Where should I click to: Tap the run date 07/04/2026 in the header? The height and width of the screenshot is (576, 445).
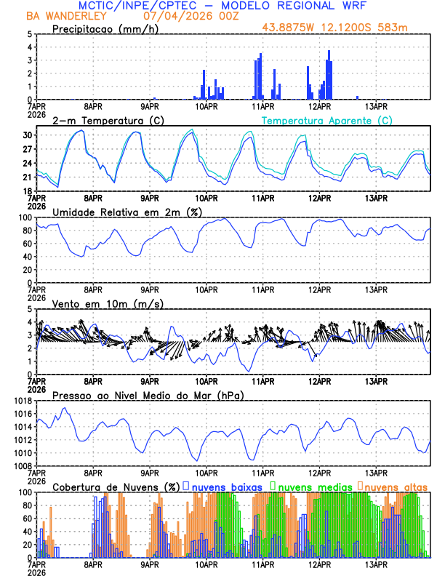click(172, 15)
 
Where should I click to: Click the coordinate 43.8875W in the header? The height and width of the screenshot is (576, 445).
click(292, 28)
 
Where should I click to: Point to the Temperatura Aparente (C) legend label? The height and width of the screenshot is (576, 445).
click(326, 120)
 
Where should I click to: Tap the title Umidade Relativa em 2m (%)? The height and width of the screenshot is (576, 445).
click(127, 212)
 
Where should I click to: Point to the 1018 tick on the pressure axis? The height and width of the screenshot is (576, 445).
click(23, 401)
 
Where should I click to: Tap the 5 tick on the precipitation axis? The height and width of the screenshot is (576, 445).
click(30, 34)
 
